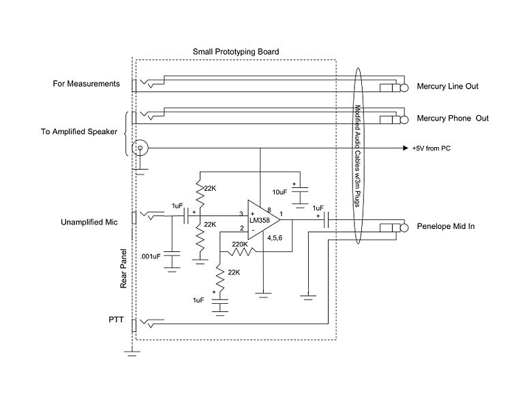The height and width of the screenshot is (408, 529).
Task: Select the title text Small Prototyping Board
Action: pyautogui.click(x=236, y=52)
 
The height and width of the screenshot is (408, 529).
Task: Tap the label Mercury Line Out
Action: pyautogui.click(x=448, y=87)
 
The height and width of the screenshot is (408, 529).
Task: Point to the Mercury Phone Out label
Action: pyautogui.click(x=453, y=119)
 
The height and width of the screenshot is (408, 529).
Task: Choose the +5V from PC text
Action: pyautogui.click(x=436, y=148)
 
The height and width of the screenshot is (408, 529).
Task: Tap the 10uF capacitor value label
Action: pyautogui.click(x=279, y=191)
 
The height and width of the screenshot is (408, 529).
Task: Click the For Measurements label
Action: pyautogui.click(x=87, y=84)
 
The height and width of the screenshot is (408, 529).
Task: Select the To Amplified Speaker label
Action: pyautogui.click(x=79, y=131)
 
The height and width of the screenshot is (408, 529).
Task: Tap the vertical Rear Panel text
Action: pyautogui.click(x=124, y=268)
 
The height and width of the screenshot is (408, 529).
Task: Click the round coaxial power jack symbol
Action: pyautogui.click(x=140, y=148)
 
